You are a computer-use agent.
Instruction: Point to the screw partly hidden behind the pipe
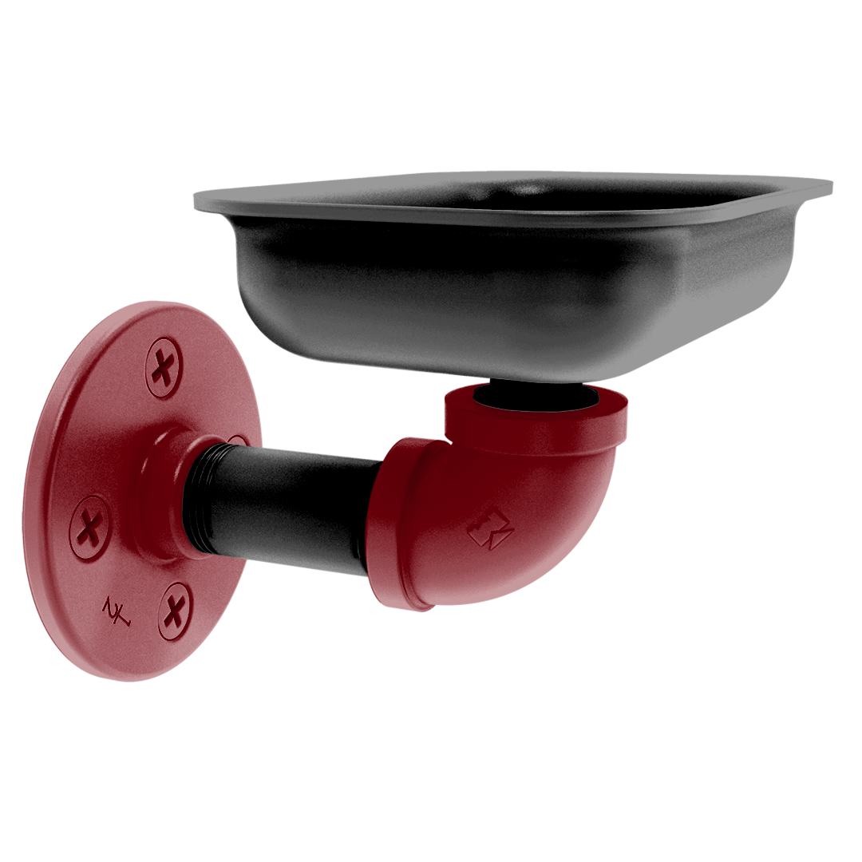[238, 440]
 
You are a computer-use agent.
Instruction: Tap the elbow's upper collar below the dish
[535, 423]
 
